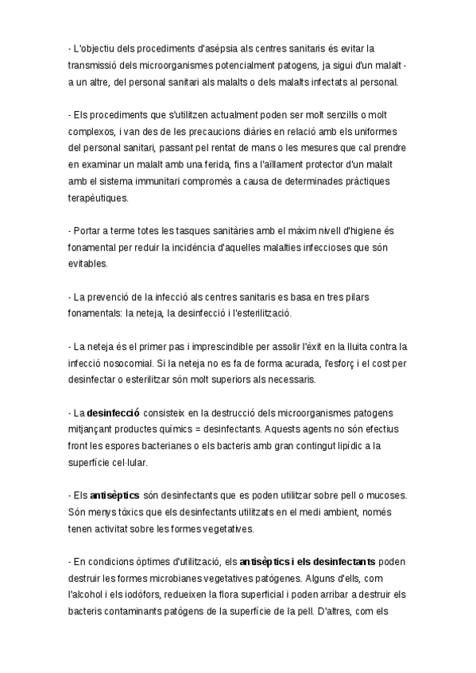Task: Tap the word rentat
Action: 215,148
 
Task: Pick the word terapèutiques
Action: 97,198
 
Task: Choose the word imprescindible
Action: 211,346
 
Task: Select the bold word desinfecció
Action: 114,413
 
